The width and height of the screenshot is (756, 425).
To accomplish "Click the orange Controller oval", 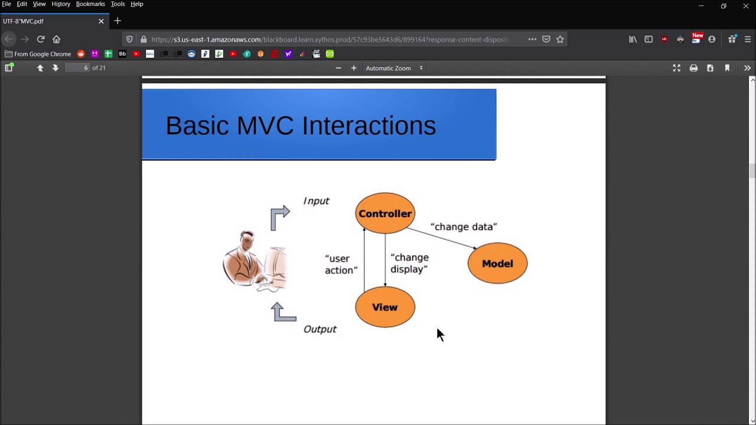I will (385, 214).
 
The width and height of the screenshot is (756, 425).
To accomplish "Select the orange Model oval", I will (497, 264).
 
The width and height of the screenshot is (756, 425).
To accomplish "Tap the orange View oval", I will (385, 307).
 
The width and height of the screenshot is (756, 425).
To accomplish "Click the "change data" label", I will (464, 227).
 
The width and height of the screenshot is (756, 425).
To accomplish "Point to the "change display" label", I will (409, 263).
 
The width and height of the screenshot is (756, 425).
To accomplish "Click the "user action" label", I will (341, 264).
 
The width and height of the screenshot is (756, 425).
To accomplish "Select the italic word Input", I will (316, 201).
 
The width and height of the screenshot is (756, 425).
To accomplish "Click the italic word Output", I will (320, 329).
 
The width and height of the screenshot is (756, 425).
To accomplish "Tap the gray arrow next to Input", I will (280, 217).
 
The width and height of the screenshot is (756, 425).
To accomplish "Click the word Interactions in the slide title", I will (369, 126).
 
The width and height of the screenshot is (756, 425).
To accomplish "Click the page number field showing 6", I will (77, 68).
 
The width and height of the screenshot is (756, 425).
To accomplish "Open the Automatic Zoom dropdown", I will (394, 68).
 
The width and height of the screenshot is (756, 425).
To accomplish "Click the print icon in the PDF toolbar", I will (693, 68).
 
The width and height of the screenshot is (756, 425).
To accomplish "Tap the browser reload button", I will (41, 40).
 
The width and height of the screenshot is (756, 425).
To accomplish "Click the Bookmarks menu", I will (90, 4).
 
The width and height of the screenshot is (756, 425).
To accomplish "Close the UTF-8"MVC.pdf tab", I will (101, 21).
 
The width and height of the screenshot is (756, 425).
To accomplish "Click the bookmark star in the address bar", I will (560, 40).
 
